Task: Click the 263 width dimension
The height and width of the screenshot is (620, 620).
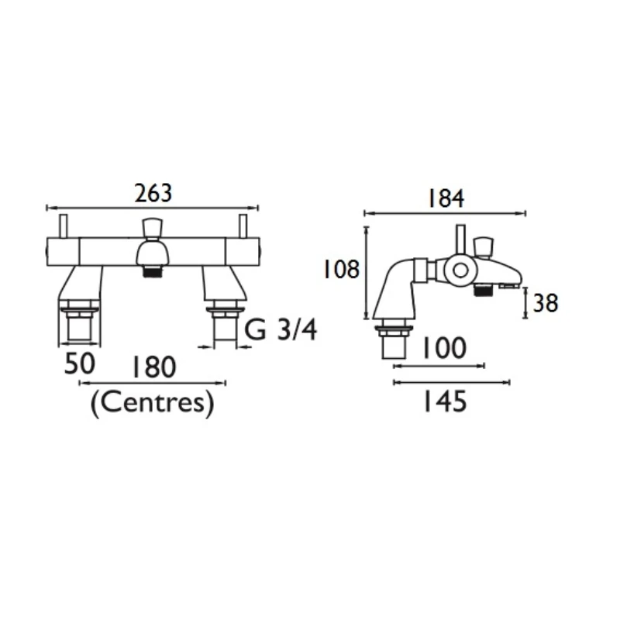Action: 153,193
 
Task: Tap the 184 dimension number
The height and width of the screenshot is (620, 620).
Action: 445,198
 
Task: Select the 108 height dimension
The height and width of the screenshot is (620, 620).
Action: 342,270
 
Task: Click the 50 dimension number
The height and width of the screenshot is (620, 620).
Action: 80,364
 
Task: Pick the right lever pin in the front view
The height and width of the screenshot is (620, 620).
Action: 243,226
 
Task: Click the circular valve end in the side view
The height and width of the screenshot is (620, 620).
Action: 459,270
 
